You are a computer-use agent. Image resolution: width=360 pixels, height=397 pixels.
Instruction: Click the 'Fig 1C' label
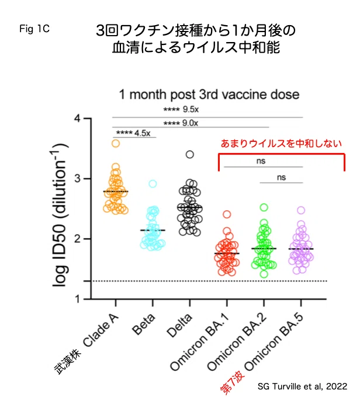click(x=34, y=29)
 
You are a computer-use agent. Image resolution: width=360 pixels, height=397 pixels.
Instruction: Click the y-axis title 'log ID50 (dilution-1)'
click(x=59, y=215)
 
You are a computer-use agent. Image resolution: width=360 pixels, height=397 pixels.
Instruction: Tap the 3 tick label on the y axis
click(x=77, y=179)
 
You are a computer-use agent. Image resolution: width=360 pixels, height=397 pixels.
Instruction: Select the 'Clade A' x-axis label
click(x=101, y=330)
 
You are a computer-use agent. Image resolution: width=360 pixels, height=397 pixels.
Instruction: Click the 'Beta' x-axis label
click(x=144, y=325)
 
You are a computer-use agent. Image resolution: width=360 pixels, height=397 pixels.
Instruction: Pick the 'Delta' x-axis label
click(x=179, y=326)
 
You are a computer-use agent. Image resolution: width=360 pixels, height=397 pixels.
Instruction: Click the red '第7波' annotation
click(x=232, y=382)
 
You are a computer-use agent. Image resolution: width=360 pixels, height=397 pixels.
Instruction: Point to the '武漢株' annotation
click(x=68, y=361)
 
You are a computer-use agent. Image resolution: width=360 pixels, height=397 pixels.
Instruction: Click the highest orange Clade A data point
click(x=116, y=144)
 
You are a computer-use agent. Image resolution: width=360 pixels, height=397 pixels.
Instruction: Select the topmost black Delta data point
click(x=190, y=155)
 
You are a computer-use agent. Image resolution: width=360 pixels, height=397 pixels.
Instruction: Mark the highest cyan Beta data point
click(x=153, y=183)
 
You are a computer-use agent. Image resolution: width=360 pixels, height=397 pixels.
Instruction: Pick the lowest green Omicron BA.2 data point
click(x=264, y=274)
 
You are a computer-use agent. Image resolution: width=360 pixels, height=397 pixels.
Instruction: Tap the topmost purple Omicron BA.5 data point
click(x=301, y=210)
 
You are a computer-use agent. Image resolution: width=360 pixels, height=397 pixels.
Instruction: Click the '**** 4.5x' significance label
click(x=133, y=133)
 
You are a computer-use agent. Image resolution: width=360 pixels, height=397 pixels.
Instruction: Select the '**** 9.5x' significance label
click(x=181, y=109)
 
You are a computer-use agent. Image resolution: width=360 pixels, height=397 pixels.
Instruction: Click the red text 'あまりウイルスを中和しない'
click(x=282, y=144)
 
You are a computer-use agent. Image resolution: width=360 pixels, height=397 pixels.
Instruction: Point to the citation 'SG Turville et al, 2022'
click(x=303, y=386)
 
